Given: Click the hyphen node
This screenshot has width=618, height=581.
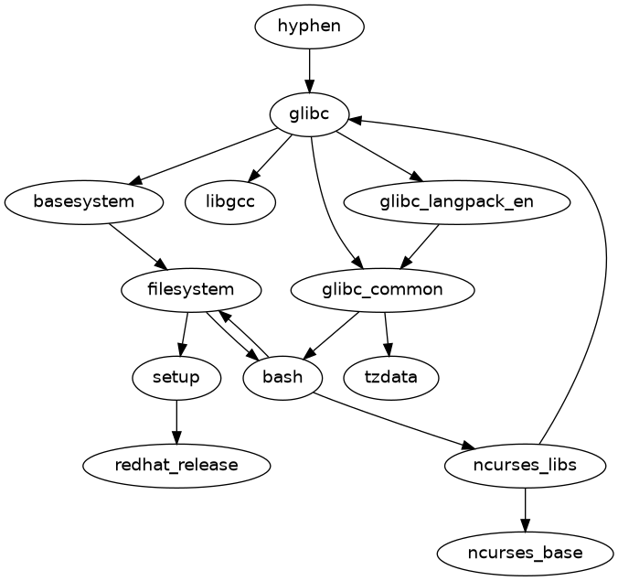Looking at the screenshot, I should click(309, 26).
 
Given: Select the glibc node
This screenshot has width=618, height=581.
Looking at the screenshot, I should click(309, 114).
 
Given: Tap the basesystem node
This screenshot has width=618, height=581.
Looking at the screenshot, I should click(83, 201).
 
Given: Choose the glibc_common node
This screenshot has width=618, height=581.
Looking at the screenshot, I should click(382, 290).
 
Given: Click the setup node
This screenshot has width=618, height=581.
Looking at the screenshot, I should click(176, 377).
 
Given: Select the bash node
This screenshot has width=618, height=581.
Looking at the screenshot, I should click(282, 377).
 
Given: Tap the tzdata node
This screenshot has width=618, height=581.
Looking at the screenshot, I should click(391, 377).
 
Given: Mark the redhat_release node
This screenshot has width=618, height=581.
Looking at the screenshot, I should click(176, 465).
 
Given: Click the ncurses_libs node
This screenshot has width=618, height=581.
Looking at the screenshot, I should click(524, 465).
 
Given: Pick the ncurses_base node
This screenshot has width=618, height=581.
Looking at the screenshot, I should click(524, 553).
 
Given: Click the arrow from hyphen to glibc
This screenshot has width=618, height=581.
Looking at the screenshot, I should click(309, 70).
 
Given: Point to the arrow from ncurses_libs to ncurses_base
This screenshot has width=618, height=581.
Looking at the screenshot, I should click(524, 509).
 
